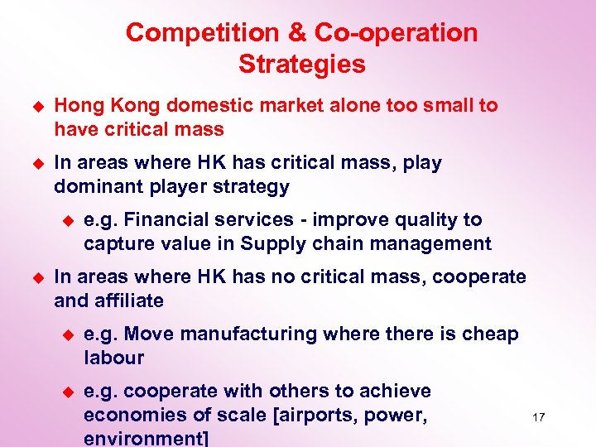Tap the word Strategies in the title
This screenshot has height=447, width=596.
301,64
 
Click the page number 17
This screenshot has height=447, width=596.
538,417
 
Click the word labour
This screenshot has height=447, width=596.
113,358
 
